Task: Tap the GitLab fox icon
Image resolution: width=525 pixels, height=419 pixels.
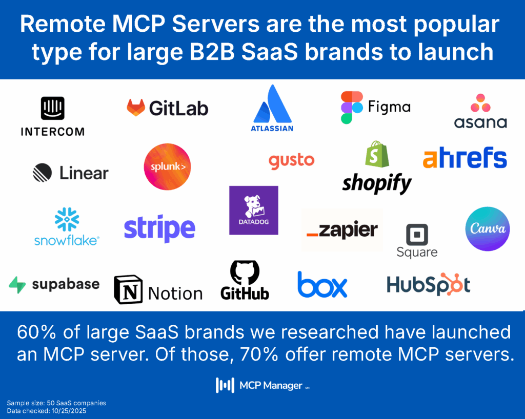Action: (135, 108)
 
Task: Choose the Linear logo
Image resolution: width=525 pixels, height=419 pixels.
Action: (71, 173)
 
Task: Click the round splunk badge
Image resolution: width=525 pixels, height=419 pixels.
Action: (167, 167)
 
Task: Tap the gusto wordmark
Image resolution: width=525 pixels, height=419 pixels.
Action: (291, 161)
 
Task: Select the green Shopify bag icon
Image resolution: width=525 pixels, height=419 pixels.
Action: (377, 154)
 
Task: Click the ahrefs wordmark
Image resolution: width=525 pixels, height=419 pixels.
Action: (465, 159)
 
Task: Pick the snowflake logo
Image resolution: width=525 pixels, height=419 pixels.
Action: (67, 226)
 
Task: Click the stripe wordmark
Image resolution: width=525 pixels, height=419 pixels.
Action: (159, 228)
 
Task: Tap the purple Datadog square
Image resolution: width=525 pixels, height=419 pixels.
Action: (254, 210)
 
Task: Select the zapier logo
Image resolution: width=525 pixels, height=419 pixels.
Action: (342, 231)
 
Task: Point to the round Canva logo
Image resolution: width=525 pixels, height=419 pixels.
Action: (487, 229)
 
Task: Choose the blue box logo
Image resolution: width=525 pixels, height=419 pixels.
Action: (322, 285)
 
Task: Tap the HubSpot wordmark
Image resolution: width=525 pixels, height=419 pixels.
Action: (428, 285)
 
